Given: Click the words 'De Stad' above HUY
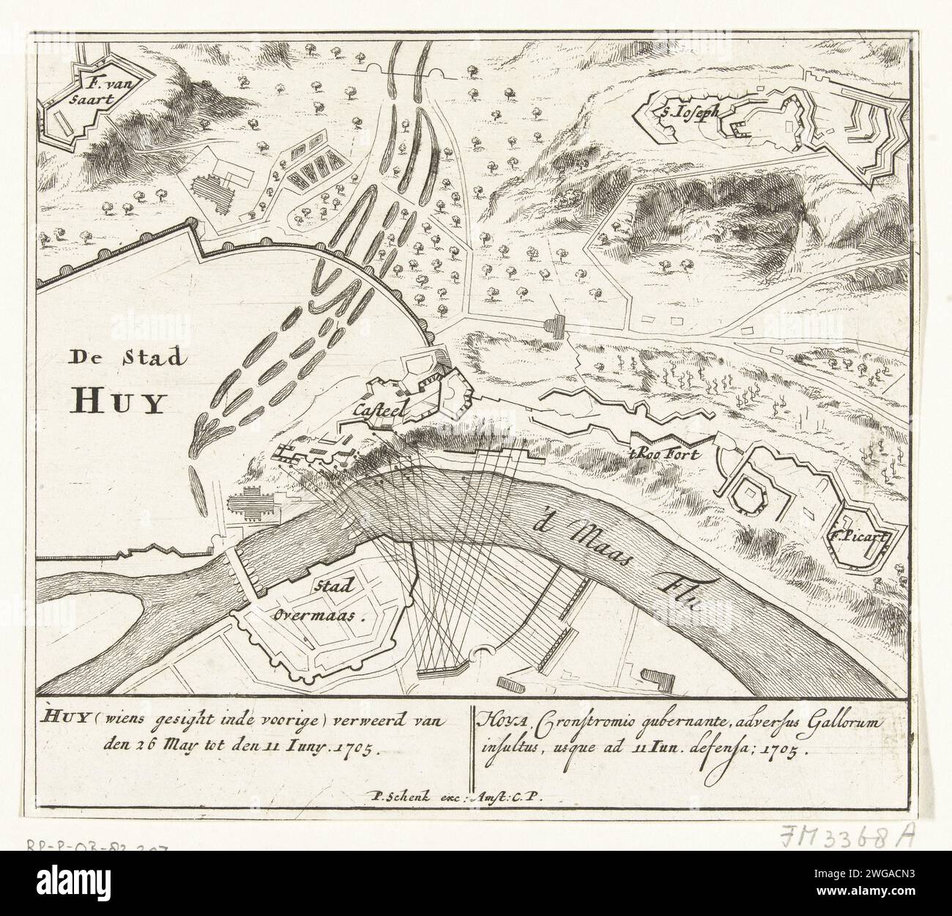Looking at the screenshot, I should click(129, 358).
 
